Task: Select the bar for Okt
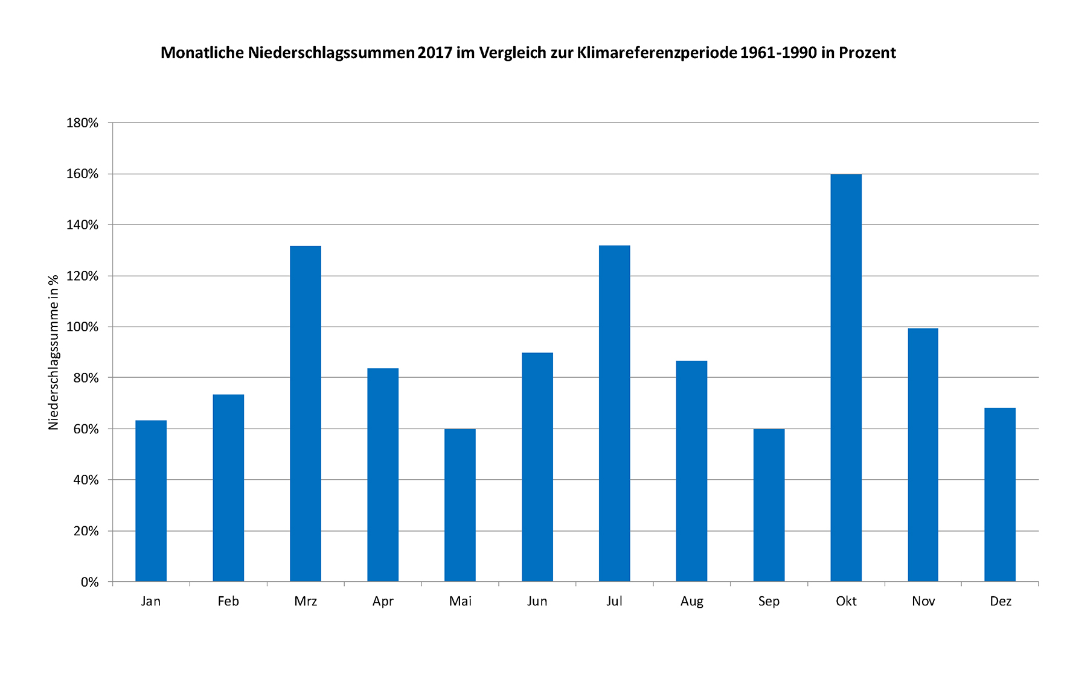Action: [846, 378]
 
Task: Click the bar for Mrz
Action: [306, 414]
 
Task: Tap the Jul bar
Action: [614, 413]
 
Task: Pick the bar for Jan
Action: [151, 501]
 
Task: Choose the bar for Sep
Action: [769, 505]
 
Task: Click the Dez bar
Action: [1000, 495]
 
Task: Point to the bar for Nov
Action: [923, 455]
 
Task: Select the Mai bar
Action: [460, 505]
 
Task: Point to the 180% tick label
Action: [82, 123]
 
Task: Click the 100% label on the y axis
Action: [82, 327]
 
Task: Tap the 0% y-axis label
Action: [89, 582]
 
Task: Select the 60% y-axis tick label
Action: [85, 429]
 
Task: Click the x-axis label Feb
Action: [228, 601]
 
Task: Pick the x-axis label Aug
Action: [691, 601]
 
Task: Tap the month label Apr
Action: [383, 601]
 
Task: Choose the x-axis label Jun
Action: [537, 601]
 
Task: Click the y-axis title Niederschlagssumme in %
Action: [53, 352]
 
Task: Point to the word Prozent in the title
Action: [867, 53]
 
